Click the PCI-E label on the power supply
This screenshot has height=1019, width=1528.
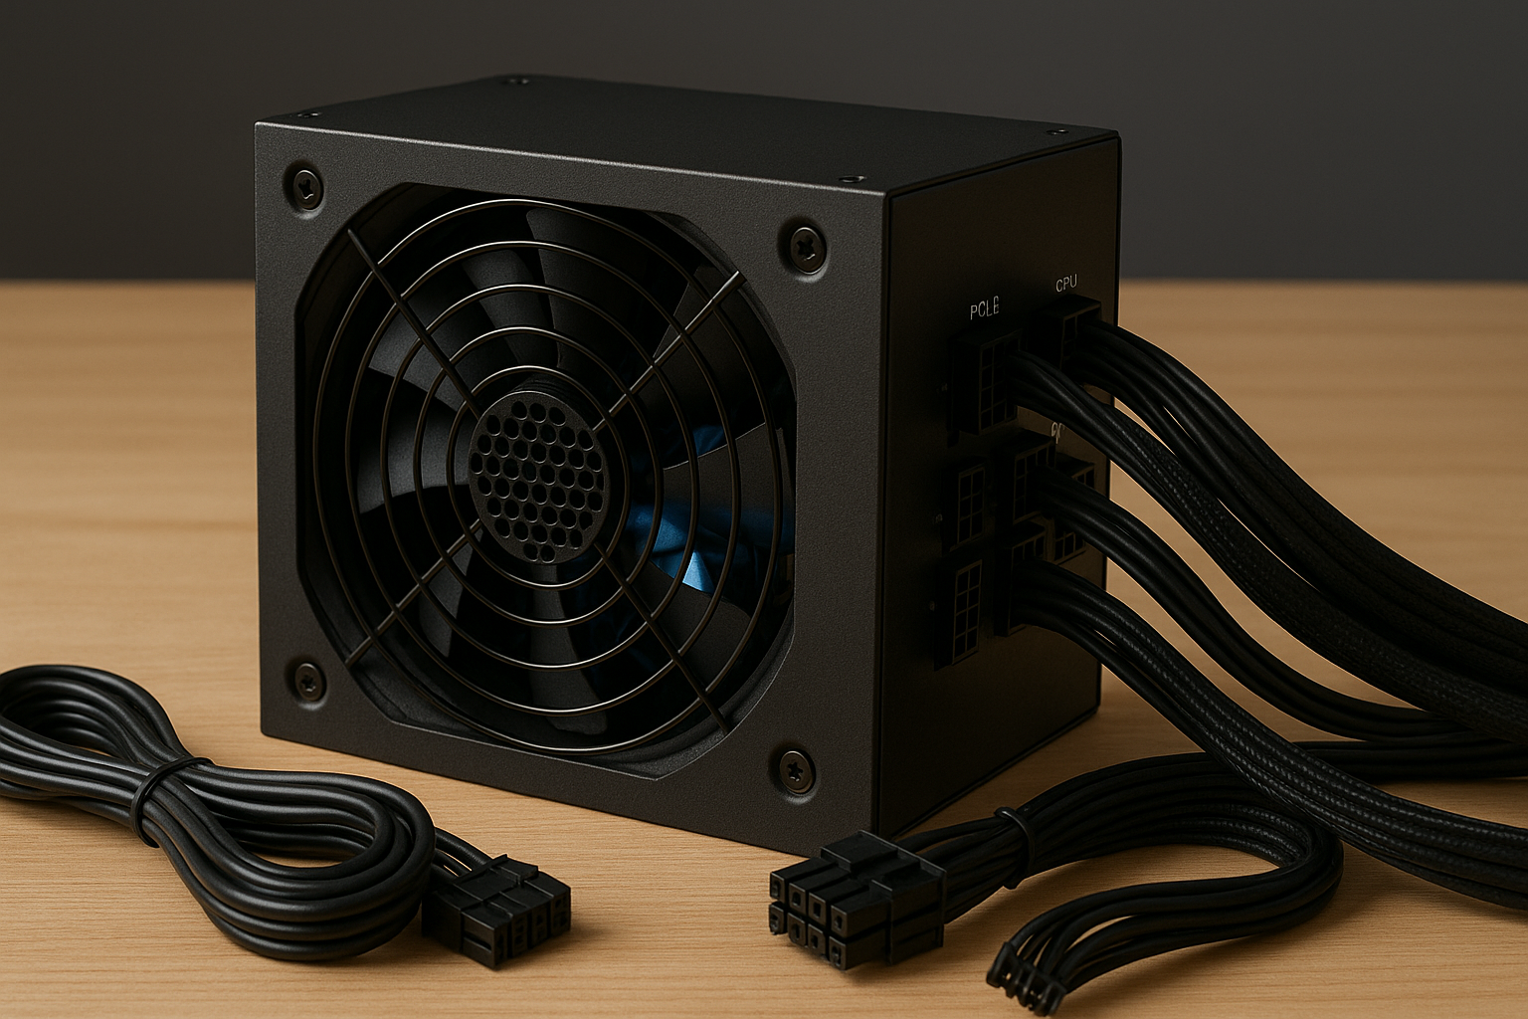(984, 310)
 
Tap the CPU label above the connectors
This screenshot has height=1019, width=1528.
(1065, 285)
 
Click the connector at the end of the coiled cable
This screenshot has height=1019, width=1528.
(497, 916)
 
